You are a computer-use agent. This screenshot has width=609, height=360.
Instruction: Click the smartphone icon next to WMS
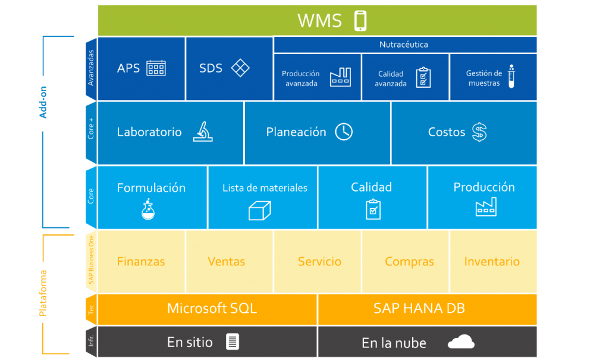pos(360,21)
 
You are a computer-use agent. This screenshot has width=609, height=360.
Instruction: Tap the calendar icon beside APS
pos(156,68)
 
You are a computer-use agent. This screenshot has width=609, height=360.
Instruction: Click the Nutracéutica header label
pos(404,45)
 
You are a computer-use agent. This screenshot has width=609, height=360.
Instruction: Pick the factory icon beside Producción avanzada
pos(340,77)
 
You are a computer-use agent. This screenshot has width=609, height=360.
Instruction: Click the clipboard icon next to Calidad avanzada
pos(423,77)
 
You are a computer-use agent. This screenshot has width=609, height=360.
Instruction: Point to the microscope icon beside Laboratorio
pos(203,132)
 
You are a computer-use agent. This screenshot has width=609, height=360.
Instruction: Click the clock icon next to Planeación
pos(344,132)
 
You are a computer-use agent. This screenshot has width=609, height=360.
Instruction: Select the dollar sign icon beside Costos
pos(479,132)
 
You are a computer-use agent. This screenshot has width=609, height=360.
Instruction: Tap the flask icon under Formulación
pos(148,209)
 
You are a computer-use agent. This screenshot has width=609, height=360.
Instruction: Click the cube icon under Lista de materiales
pos(259,209)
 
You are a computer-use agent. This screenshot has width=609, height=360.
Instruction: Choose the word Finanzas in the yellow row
pos(141,261)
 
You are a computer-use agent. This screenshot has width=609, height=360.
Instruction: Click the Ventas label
pos(227,261)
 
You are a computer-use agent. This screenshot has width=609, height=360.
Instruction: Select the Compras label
pos(409,261)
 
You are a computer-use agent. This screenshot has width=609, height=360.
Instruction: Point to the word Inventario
pos(492,261)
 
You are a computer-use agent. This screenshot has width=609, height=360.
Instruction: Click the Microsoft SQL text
pos(212,308)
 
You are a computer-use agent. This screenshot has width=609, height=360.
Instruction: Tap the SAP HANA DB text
pos(419,308)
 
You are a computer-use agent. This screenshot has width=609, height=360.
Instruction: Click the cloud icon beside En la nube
pos(461,342)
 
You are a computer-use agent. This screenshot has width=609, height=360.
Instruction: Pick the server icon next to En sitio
pos(233,342)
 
